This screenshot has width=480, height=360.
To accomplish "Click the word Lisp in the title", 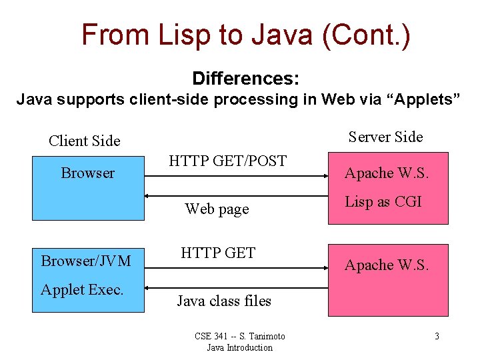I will pyautogui.click(x=183, y=35).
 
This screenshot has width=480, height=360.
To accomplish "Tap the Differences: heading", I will pyautogui.click(x=245, y=79).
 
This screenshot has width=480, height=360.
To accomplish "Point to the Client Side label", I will pyautogui.click(x=85, y=141).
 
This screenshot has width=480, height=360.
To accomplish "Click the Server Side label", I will pyautogui.click(x=385, y=137).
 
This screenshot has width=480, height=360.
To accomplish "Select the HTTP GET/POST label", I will pyautogui.click(x=227, y=161).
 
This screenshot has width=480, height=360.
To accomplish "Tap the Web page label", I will pyautogui.click(x=217, y=209).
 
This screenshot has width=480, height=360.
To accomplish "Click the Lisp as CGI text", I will pyautogui.click(x=383, y=201).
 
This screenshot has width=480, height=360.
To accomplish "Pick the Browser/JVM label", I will pyautogui.click(x=86, y=261).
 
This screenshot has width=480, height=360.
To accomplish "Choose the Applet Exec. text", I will pyautogui.click(x=82, y=289).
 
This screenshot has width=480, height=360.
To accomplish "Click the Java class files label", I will pyautogui.click(x=224, y=301).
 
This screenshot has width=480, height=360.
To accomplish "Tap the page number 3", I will pyautogui.click(x=437, y=336).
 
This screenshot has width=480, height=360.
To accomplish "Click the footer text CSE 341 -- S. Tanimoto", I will pyautogui.click(x=239, y=336).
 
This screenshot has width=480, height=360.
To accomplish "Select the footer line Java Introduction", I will pyautogui.click(x=239, y=347).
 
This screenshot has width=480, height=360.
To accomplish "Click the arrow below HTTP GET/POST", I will pyautogui.click(x=237, y=177).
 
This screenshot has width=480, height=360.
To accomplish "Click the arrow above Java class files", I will pyautogui.click(x=237, y=287).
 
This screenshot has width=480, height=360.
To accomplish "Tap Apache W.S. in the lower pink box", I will pyautogui.click(x=387, y=265).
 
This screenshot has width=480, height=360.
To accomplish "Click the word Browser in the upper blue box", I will pyautogui.click(x=88, y=173).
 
